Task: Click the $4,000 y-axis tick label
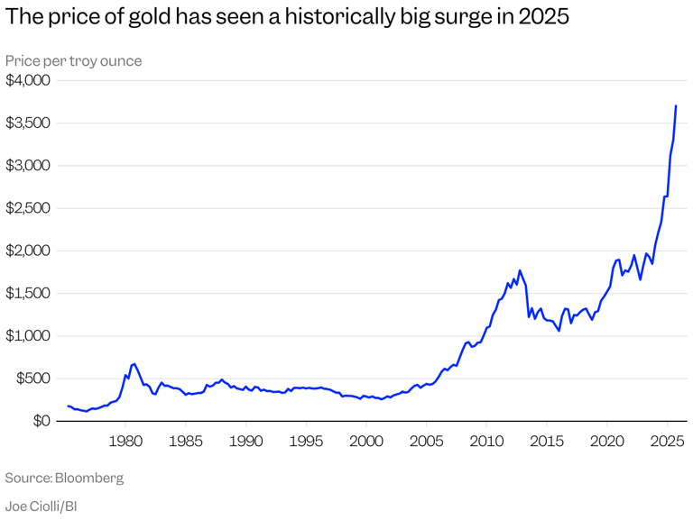point(28,80)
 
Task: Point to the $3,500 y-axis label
point(28,123)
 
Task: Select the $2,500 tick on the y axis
point(28,208)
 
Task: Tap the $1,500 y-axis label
point(28,293)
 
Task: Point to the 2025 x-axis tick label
point(667,442)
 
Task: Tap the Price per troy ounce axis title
point(73,60)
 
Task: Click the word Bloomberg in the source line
point(89,477)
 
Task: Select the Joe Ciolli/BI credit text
point(41,506)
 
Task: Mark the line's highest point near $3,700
point(676,105)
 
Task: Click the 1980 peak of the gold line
point(134,363)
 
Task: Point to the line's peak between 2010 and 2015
point(520,269)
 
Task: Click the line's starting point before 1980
point(68,406)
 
